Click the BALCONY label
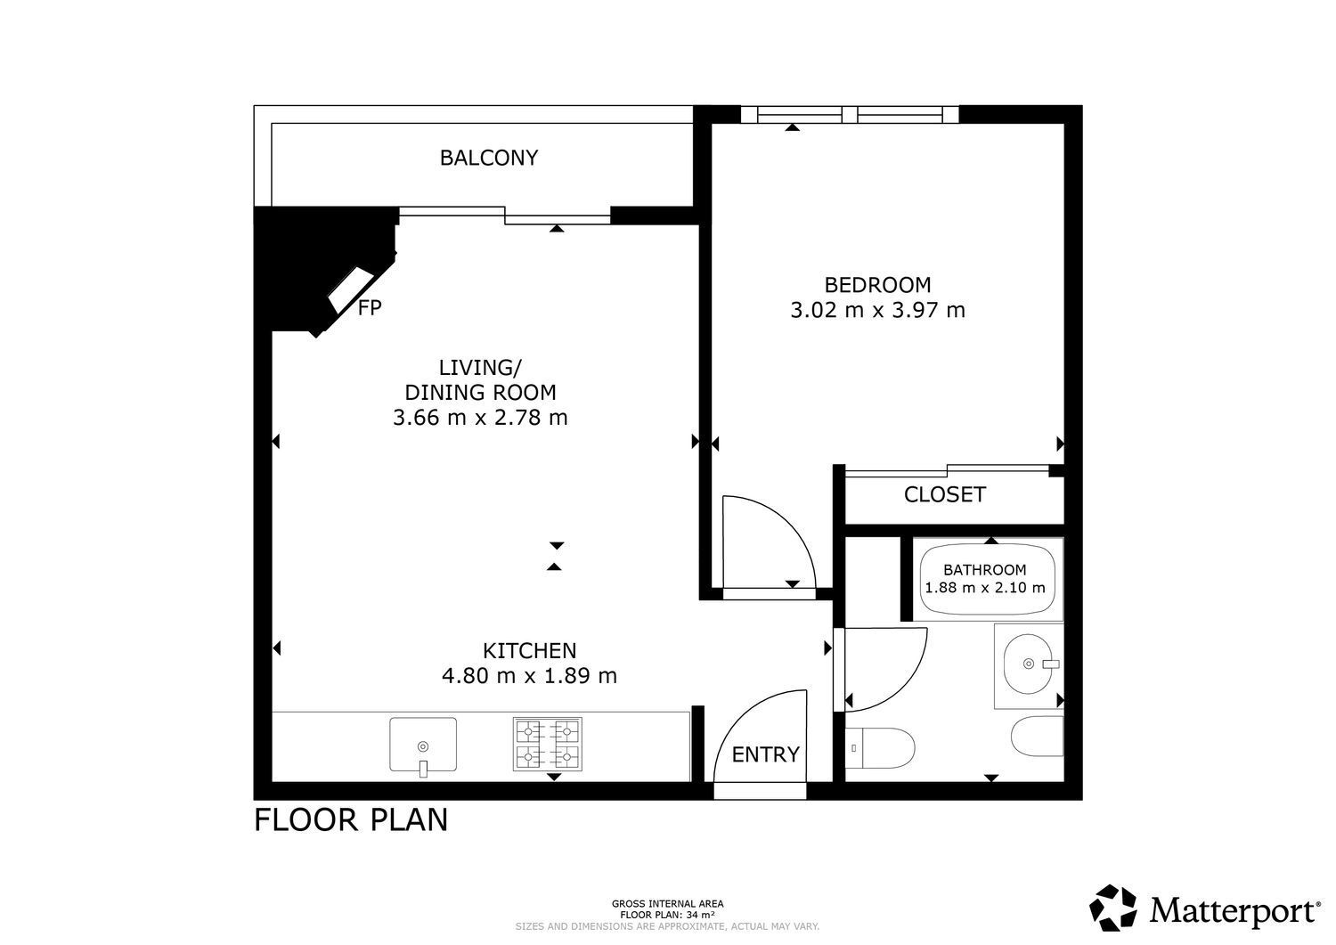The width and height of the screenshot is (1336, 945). pos(488,158)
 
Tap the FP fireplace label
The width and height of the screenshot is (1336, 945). pos(370,308)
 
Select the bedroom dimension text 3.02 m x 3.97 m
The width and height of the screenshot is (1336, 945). pos(877,310)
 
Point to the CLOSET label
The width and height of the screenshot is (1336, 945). pos(945,494)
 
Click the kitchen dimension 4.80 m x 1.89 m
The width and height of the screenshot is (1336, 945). pos(529,676)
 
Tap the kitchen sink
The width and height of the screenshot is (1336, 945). pos(423,745)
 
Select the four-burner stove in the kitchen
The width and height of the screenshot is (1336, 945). pos(548,745)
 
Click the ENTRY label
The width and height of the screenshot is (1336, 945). pos(765,754)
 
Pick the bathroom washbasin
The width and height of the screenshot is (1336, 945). pos(1029,664)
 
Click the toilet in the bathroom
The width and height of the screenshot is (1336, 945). pos(880,748)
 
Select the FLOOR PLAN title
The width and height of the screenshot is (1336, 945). pos(351,820)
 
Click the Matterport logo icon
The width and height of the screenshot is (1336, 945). pos(1113,908)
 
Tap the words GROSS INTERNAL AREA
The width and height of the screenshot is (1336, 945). pos(667,904)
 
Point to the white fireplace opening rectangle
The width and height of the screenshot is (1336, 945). pos(351,290)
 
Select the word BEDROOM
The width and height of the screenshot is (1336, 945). pos(877,285)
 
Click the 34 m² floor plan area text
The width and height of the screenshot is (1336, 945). pos(701,915)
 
